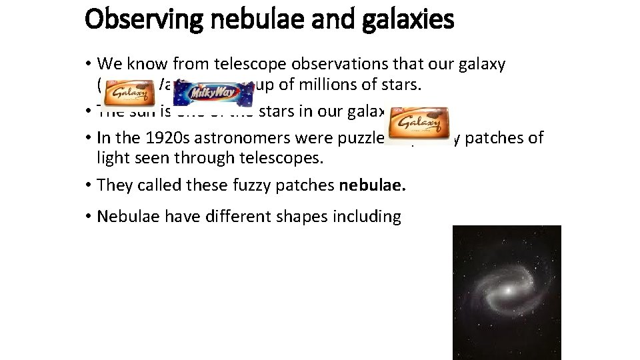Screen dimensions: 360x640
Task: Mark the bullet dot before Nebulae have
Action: coord(88,217)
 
